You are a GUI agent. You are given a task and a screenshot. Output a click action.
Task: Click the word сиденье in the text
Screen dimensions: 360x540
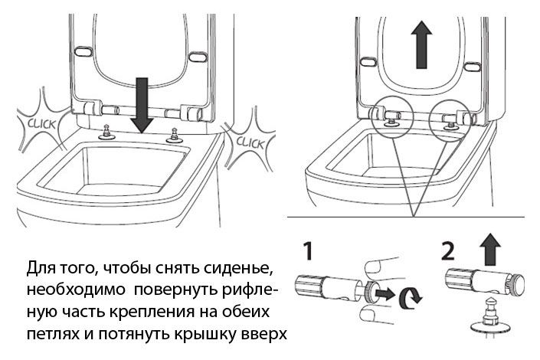click(x=236, y=272)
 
